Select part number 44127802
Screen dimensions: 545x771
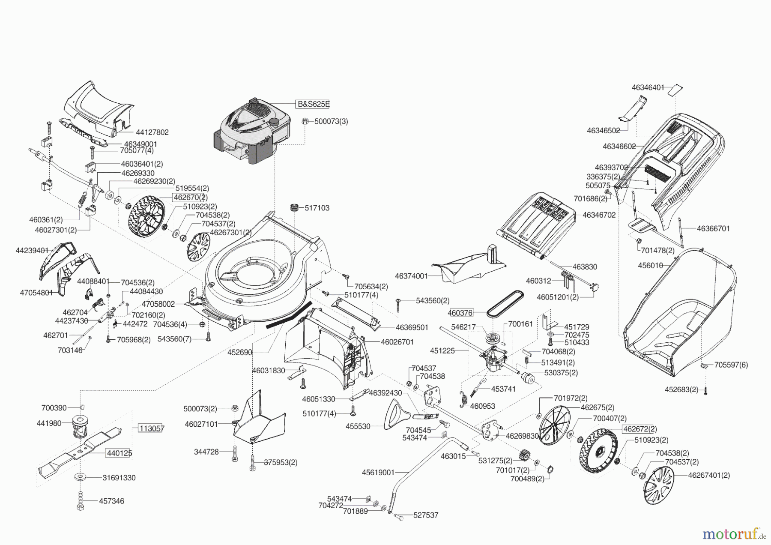coord(152,132)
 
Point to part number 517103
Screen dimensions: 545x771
coord(317,208)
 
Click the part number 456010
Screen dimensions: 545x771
coord(650,266)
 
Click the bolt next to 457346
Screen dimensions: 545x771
coord(80,500)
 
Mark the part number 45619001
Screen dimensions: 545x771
coord(378,473)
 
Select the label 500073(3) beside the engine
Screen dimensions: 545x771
coord(331,121)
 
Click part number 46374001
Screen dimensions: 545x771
coord(411,276)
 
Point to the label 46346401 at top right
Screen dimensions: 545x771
coord(648,87)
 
